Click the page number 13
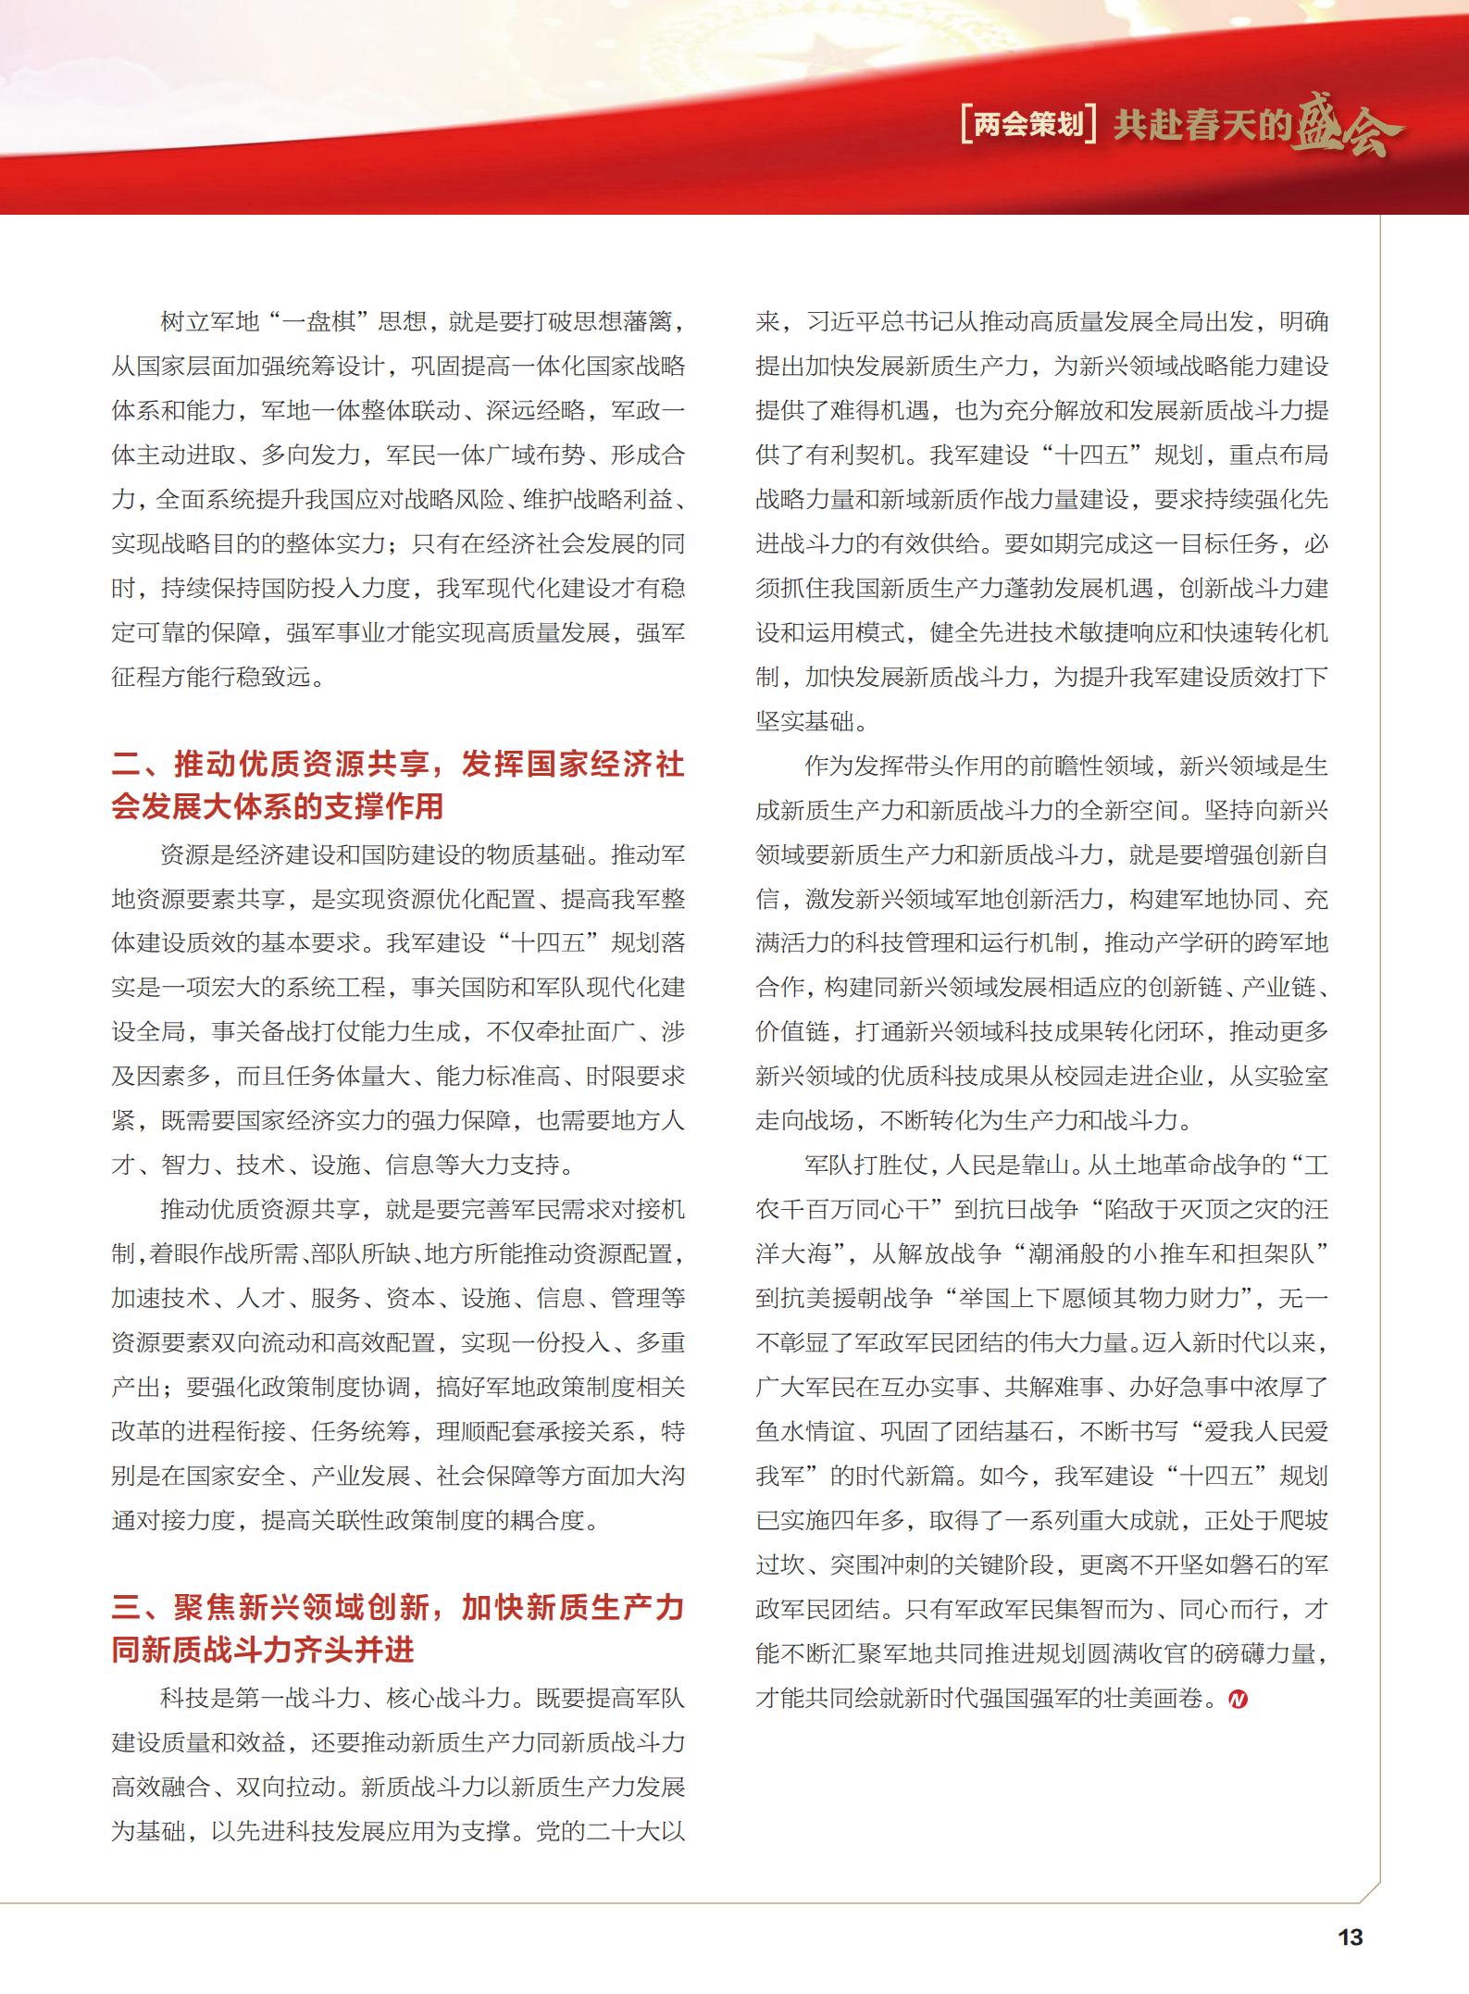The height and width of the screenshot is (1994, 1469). [1350, 1937]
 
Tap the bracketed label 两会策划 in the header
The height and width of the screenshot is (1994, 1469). [1028, 124]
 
